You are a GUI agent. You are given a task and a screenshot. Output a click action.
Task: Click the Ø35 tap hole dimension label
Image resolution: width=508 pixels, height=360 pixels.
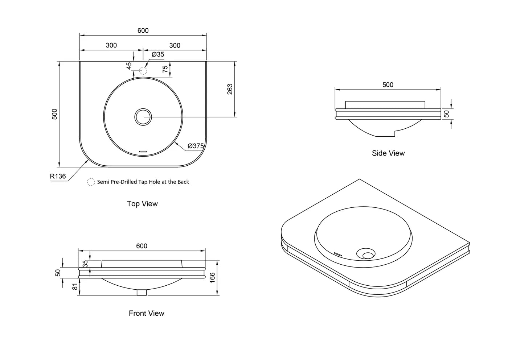pyautogui.click(x=158, y=54)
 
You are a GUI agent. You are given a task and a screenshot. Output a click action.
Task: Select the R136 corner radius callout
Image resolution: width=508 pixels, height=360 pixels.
pyautogui.click(x=58, y=176)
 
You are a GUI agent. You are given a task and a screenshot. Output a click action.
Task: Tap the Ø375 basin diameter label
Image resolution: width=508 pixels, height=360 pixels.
pyautogui.click(x=196, y=146)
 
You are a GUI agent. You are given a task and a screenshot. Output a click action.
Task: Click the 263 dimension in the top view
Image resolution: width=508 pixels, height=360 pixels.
pyautogui.click(x=230, y=89)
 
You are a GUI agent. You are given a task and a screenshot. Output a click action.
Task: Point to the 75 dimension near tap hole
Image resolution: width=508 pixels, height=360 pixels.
pyautogui.click(x=165, y=69)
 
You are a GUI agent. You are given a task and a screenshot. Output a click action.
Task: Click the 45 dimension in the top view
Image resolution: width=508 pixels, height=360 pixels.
pyautogui.click(x=129, y=66)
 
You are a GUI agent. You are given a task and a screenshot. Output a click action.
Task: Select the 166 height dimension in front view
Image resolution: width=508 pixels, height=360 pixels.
pyautogui.click(x=213, y=278)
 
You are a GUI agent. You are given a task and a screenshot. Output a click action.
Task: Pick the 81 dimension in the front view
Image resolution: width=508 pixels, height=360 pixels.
pyautogui.click(x=75, y=286)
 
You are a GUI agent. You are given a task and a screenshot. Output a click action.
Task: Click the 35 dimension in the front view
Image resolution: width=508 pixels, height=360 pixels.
pyautogui.click(x=85, y=264)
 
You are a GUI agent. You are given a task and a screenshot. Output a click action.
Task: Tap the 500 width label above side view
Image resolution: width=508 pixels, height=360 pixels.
pyautogui.click(x=388, y=85)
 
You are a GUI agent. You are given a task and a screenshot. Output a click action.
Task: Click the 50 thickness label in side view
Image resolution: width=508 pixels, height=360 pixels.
pyautogui.click(x=447, y=114)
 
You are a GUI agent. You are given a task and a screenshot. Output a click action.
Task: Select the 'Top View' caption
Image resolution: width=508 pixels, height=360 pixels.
pyautogui.click(x=142, y=204)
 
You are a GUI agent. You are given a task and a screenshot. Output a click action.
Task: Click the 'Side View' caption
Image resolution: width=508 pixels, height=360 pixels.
pyautogui.click(x=388, y=153)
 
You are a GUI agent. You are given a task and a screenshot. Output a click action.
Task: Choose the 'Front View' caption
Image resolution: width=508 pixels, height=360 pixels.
pyautogui.click(x=146, y=313)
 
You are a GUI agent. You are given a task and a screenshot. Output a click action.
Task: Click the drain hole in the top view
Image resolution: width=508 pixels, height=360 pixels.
pyautogui.click(x=143, y=117)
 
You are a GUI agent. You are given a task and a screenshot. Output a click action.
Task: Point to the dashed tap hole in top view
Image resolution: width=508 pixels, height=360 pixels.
pyautogui.click(x=143, y=71)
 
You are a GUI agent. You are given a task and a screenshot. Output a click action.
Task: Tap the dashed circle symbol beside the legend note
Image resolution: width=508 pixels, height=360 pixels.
pyautogui.click(x=91, y=182)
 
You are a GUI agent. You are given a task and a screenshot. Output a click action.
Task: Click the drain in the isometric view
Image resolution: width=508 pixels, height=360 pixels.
pyautogui.click(x=367, y=254)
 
